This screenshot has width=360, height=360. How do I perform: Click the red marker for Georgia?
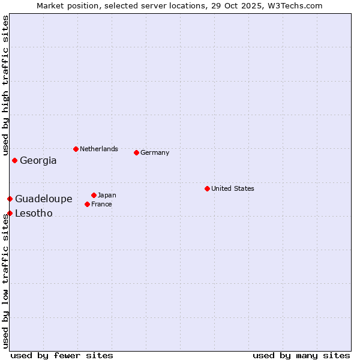point(14,160)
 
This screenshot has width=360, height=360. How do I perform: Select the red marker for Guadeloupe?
point(10,199)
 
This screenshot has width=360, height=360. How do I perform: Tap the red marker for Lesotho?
point(10,213)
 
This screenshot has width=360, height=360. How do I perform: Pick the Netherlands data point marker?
point(76,149)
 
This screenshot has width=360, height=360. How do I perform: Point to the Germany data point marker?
point(136,152)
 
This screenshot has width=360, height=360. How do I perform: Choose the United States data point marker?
point(207,188)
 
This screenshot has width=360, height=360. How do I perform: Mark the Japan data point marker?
point(94,195)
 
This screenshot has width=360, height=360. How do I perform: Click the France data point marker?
point(87,204)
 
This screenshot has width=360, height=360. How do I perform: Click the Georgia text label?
point(38,161)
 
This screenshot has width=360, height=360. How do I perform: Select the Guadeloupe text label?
point(44,199)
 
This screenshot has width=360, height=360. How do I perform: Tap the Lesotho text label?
point(34,214)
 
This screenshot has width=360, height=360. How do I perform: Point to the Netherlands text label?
point(99,149)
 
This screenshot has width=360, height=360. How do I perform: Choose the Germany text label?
point(155,153)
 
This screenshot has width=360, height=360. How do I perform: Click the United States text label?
point(233,189)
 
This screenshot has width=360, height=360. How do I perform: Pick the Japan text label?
point(107,196)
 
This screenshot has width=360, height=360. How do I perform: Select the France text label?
point(101,205)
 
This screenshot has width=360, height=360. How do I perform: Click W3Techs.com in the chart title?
point(295,6)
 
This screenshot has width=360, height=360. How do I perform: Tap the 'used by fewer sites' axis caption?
point(62,356)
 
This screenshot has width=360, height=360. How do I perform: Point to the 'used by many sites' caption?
point(301,356)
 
